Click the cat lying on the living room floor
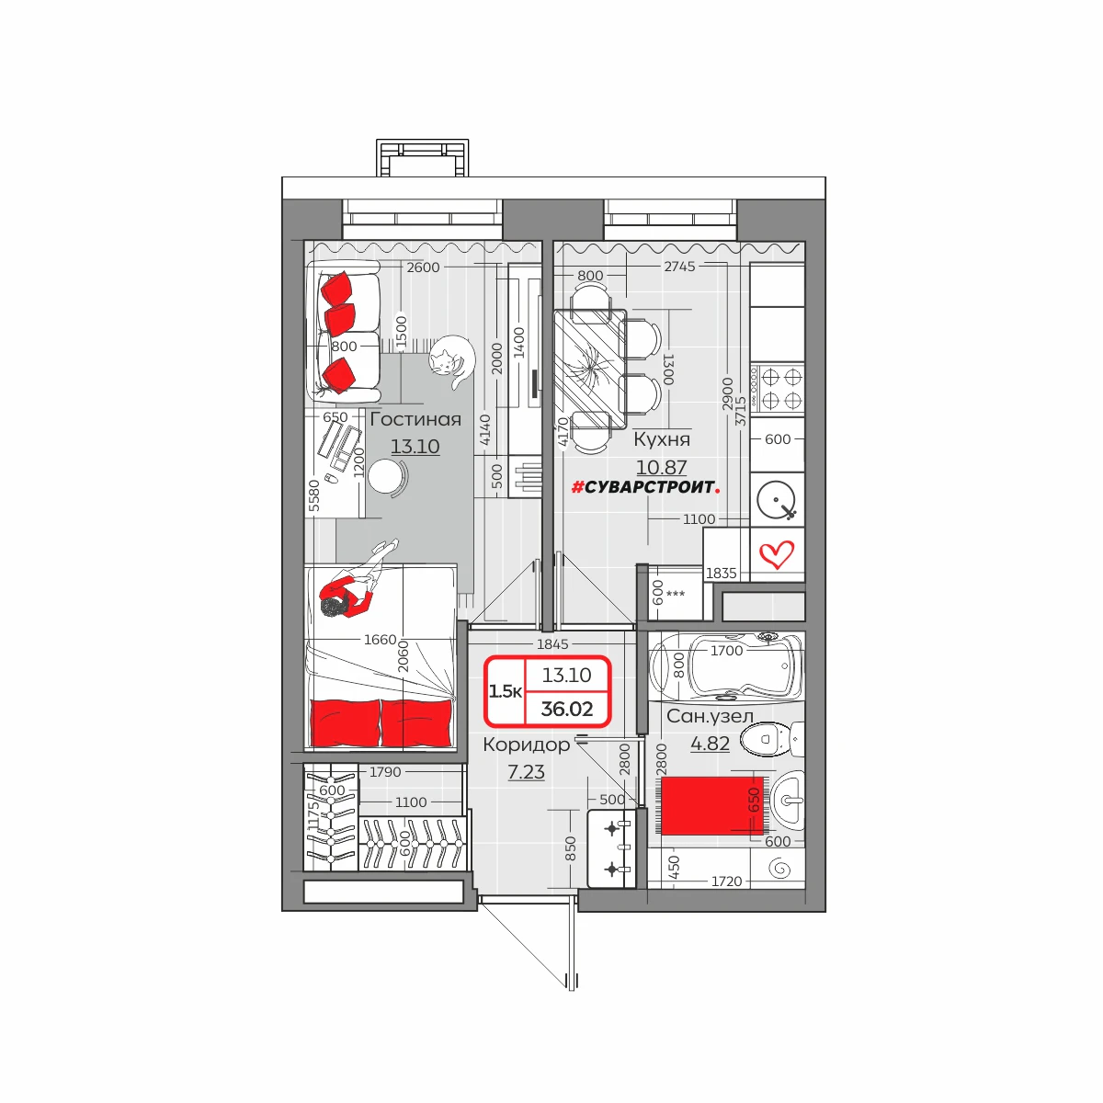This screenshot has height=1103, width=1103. [452, 360]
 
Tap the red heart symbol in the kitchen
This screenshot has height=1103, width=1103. [777, 554]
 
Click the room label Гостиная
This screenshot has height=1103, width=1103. [415, 419]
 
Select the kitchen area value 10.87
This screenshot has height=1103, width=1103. [661, 467]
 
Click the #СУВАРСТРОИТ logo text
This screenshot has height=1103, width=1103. [645, 487]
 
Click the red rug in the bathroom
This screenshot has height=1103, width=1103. [713, 806]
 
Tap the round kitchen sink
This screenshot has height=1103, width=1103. [776, 499]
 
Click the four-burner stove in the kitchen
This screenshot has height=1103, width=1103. [778, 388]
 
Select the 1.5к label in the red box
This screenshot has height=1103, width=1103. [505, 691]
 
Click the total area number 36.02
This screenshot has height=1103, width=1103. [567, 709]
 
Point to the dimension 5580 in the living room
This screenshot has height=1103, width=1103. [314, 495]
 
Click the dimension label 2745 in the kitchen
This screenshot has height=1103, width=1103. [679, 267]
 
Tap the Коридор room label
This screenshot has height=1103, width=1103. [527, 745]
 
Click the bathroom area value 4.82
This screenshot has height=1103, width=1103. [710, 744]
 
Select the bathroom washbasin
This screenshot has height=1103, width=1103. [788, 799]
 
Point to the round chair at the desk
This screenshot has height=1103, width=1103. [388, 477]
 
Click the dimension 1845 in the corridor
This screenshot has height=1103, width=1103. [552, 644]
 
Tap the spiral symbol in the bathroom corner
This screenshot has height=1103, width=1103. [779, 869]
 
